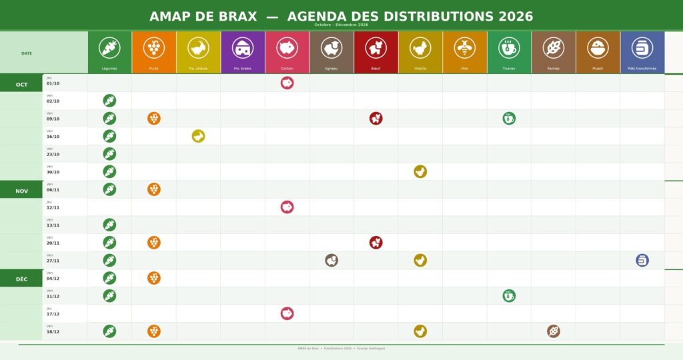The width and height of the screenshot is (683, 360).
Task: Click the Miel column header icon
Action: click(x=464, y=48)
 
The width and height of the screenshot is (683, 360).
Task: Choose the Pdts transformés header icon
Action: click(x=642, y=48)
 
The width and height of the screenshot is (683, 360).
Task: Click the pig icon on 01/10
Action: click(x=287, y=83)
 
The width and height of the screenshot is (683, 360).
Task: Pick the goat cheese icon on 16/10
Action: click(x=198, y=136)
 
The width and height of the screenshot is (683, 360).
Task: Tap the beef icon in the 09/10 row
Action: click(x=376, y=119)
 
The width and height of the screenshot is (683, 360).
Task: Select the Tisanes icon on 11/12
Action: click(x=509, y=296)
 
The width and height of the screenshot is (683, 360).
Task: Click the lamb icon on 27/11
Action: click(x=331, y=260)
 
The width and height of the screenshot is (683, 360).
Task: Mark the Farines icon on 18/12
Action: click(x=554, y=331)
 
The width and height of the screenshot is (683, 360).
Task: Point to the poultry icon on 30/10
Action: click(x=420, y=171)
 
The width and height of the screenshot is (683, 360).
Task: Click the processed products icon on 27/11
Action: click(x=642, y=260)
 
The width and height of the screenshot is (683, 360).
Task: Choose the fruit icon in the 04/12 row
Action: click(x=154, y=278)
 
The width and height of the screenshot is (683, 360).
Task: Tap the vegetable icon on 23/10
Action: click(x=109, y=154)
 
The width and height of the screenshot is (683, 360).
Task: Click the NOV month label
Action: click(x=21, y=191)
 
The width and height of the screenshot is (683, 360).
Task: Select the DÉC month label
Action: click(x=21, y=279)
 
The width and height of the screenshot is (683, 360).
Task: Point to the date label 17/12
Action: click(x=53, y=314)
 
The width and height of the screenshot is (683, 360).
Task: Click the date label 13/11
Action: click(x=53, y=225)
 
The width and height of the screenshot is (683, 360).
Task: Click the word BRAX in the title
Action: click(x=238, y=17)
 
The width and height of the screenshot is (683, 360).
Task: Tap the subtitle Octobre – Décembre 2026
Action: click(x=341, y=25)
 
